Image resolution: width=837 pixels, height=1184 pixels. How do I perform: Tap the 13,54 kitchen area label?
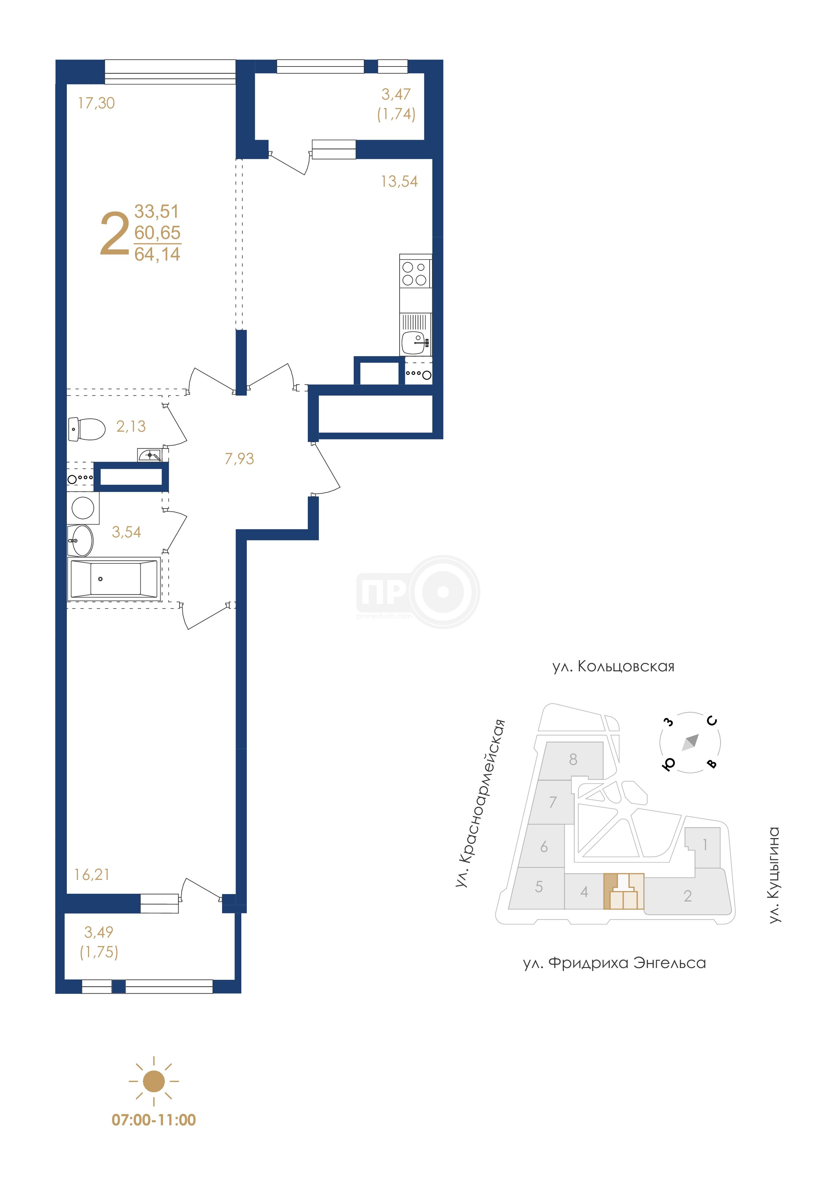coord(399,182)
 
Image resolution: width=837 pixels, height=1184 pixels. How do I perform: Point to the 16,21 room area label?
coord(92,874)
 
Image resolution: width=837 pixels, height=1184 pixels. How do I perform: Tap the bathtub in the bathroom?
coord(114,579)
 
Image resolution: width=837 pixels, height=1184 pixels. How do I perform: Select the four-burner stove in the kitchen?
coord(415,273)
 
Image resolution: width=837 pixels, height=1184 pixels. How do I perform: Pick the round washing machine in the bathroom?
coord(82,508)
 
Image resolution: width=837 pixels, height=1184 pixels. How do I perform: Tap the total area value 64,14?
coord(157,254)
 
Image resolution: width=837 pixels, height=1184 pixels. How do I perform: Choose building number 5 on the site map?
coord(539,886)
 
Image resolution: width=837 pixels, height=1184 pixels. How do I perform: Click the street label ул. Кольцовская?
coord(613,667)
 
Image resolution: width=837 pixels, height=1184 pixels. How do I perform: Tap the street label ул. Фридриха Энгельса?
coord(614,963)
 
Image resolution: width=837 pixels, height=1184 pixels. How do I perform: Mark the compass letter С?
coord(712,721)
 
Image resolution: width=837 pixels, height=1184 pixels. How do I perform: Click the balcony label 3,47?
coord(396,95)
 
